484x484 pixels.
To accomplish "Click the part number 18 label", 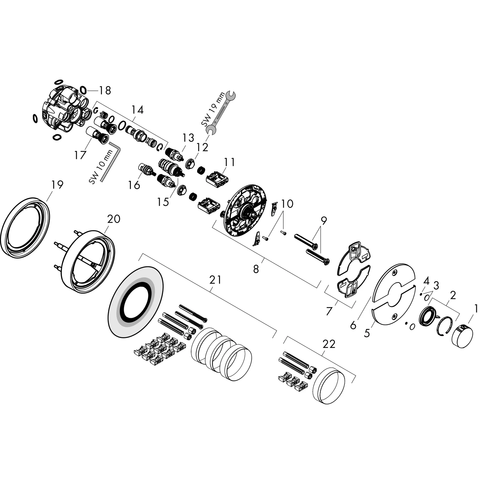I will pyautogui.click(x=105, y=91).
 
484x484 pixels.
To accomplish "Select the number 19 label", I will pyautogui.click(x=57, y=185).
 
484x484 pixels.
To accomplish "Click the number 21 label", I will pyautogui.click(x=216, y=280).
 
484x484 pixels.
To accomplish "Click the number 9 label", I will pyautogui.click(x=324, y=221).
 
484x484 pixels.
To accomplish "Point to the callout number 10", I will pyautogui.click(x=287, y=204).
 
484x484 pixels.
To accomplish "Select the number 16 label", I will pyautogui.click(x=134, y=185).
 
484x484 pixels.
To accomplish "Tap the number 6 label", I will pyautogui.click(x=353, y=325).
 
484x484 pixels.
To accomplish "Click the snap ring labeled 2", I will pyautogui.click(x=445, y=326).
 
